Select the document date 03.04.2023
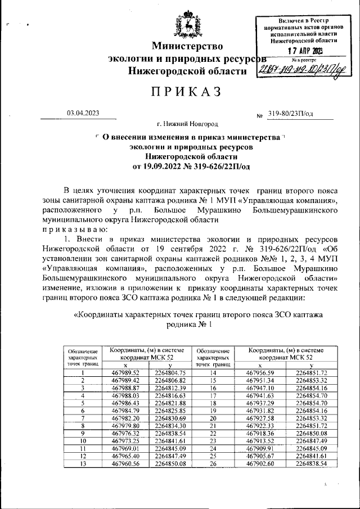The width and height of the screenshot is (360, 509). pyautogui.click(x=83, y=113)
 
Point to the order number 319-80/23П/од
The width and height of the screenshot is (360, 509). pyautogui.click(x=291, y=113)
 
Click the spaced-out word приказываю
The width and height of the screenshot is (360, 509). pyautogui.click(x=76, y=229)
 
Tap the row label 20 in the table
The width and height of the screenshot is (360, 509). pyautogui.click(x=213, y=418)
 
